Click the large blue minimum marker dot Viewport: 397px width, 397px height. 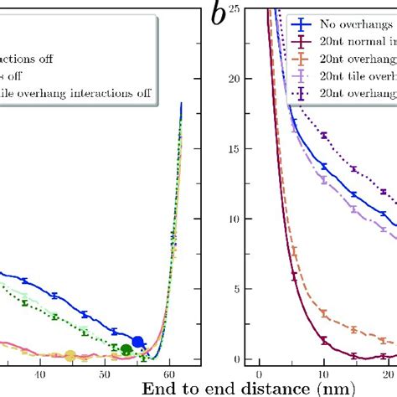click(x=138, y=342)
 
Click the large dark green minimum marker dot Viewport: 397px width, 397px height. click(x=126, y=349)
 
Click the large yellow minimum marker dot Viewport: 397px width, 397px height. click(x=70, y=356)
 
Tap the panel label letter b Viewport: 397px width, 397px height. click(x=220, y=16)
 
